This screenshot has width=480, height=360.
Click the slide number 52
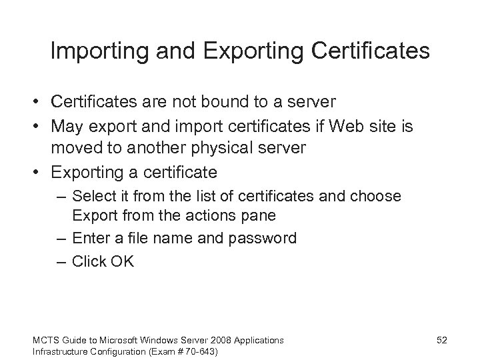point(441,340)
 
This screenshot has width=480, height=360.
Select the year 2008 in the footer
point(223,340)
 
